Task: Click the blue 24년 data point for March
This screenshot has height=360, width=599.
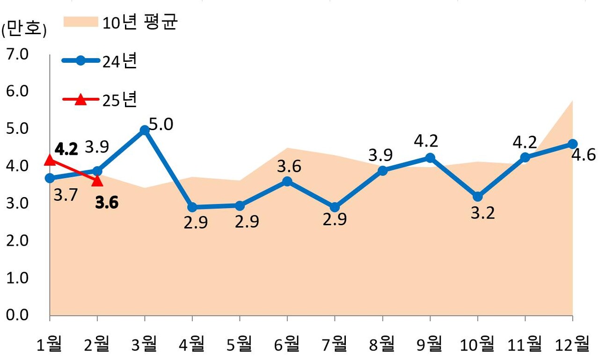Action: tap(145, 130)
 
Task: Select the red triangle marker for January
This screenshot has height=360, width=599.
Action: tap(50, 161)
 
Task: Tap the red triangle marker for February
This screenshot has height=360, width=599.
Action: tap(97, 180)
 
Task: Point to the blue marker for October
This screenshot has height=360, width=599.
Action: tap(477, 197)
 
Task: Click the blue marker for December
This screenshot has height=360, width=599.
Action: tap(572, 144)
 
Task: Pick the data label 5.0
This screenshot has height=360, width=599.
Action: tap(161, 125)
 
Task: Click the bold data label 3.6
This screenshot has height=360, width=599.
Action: tap(106, 203)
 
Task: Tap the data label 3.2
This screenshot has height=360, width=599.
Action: tap(482, 213)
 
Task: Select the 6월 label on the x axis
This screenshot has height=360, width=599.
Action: tap(287, 345)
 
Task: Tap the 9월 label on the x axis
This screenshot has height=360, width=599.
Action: tap(430, 345)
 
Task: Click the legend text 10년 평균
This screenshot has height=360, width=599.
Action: tap(140, 22)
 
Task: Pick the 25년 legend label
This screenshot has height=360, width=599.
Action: tap(120, 100)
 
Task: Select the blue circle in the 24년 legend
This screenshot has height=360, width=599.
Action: tap(80, 61)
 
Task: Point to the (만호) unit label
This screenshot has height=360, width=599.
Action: tap(24, 30)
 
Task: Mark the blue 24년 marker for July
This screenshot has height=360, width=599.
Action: tap(335, 207)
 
